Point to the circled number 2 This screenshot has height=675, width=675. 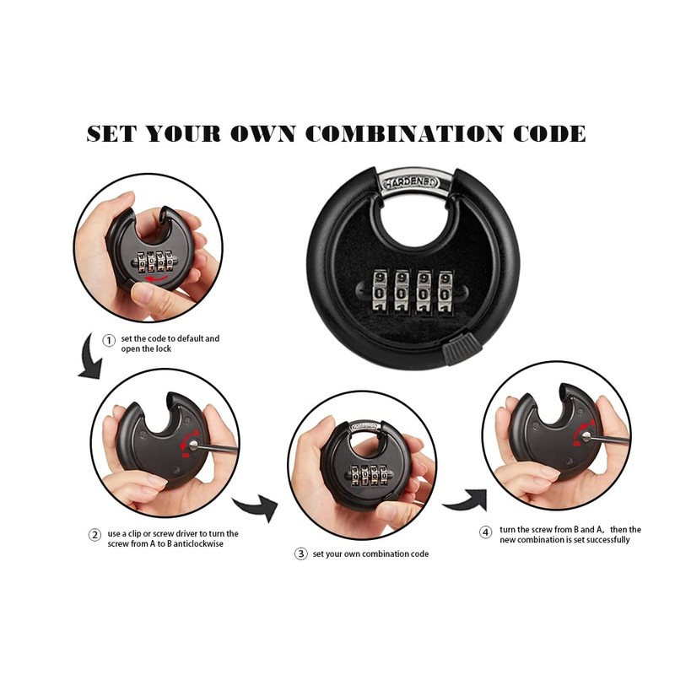[95, 534]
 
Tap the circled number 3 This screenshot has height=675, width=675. [300, 554]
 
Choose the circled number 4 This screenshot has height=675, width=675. [486, 533]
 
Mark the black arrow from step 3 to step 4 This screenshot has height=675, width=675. [462, 501]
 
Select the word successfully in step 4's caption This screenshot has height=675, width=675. [602, 540]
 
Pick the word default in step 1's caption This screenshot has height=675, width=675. [193, 338]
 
